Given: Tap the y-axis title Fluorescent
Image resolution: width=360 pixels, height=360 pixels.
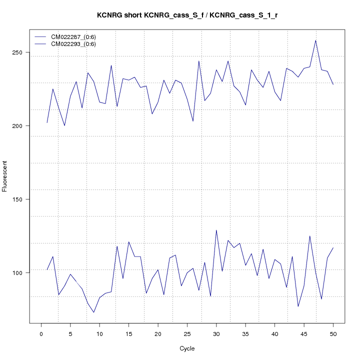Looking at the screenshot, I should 5,176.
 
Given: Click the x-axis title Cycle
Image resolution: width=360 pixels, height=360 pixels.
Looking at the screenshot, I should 187,348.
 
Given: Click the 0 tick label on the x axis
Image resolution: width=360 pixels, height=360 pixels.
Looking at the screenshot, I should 41,333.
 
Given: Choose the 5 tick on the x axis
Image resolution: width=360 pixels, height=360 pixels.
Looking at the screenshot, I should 70,333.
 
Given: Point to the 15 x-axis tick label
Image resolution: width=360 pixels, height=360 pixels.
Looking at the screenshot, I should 128,333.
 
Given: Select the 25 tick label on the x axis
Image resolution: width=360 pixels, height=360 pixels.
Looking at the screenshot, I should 187,333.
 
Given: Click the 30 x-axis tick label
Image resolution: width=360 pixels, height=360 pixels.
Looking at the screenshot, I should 216,333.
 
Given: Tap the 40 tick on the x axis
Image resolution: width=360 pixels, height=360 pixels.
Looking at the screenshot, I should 274,333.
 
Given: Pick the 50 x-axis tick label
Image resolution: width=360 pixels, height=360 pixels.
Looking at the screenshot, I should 333,333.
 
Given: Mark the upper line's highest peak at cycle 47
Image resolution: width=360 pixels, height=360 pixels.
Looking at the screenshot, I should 315,40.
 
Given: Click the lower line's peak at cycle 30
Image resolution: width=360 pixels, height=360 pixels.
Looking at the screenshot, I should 216,230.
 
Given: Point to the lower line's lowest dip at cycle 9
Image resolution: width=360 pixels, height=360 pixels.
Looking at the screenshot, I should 93,312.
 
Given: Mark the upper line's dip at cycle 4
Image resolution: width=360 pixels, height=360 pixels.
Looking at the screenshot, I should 64,125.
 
